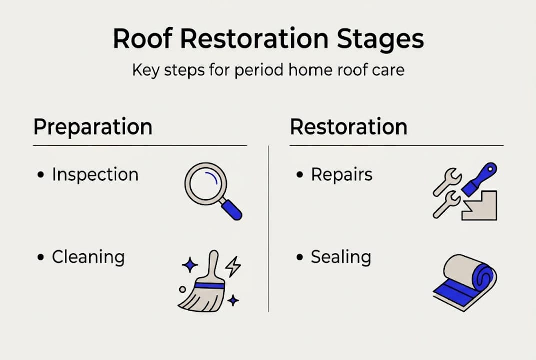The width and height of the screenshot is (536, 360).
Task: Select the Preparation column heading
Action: [x=93, y=127]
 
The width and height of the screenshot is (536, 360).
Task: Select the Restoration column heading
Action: [x=348, y=127]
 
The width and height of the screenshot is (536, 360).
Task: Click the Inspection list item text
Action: [x=95, y=175]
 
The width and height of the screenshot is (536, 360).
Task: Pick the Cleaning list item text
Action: [x=88, y=257]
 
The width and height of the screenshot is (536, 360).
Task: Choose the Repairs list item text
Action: [x=341, y=175]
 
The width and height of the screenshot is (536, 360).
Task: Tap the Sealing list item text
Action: [x=341, y=257]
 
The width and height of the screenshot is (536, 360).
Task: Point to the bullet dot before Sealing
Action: [x=300, y=258]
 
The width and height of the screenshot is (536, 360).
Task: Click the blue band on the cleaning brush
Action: [x=209, y=285]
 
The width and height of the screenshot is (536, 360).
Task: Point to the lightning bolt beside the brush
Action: [x=233, y=268]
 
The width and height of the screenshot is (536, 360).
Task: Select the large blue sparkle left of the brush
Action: [x=190, y=265]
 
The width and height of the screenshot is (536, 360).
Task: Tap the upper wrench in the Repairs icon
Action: [x=447, y=182]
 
